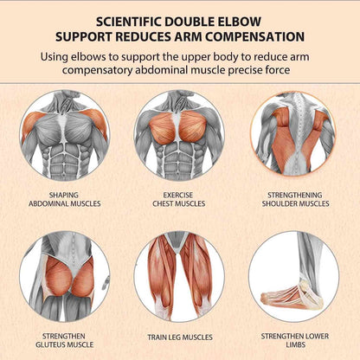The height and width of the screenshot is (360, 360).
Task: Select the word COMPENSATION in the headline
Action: coord(255,37)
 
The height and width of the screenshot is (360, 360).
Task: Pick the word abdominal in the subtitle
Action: coord(165,70)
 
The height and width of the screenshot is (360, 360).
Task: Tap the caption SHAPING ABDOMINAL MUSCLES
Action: coord(65,199)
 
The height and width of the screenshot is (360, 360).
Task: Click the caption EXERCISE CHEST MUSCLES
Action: coord(179,199)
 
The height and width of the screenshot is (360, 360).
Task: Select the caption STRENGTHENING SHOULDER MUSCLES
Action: coord(295,199)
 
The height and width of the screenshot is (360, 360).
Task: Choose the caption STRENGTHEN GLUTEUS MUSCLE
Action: coord(65,340)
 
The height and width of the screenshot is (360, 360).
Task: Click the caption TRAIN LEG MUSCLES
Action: coord(180,337)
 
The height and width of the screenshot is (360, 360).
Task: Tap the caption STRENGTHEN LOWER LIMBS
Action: coord(295,340)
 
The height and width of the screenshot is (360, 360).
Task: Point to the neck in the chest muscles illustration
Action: coord(179,101)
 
